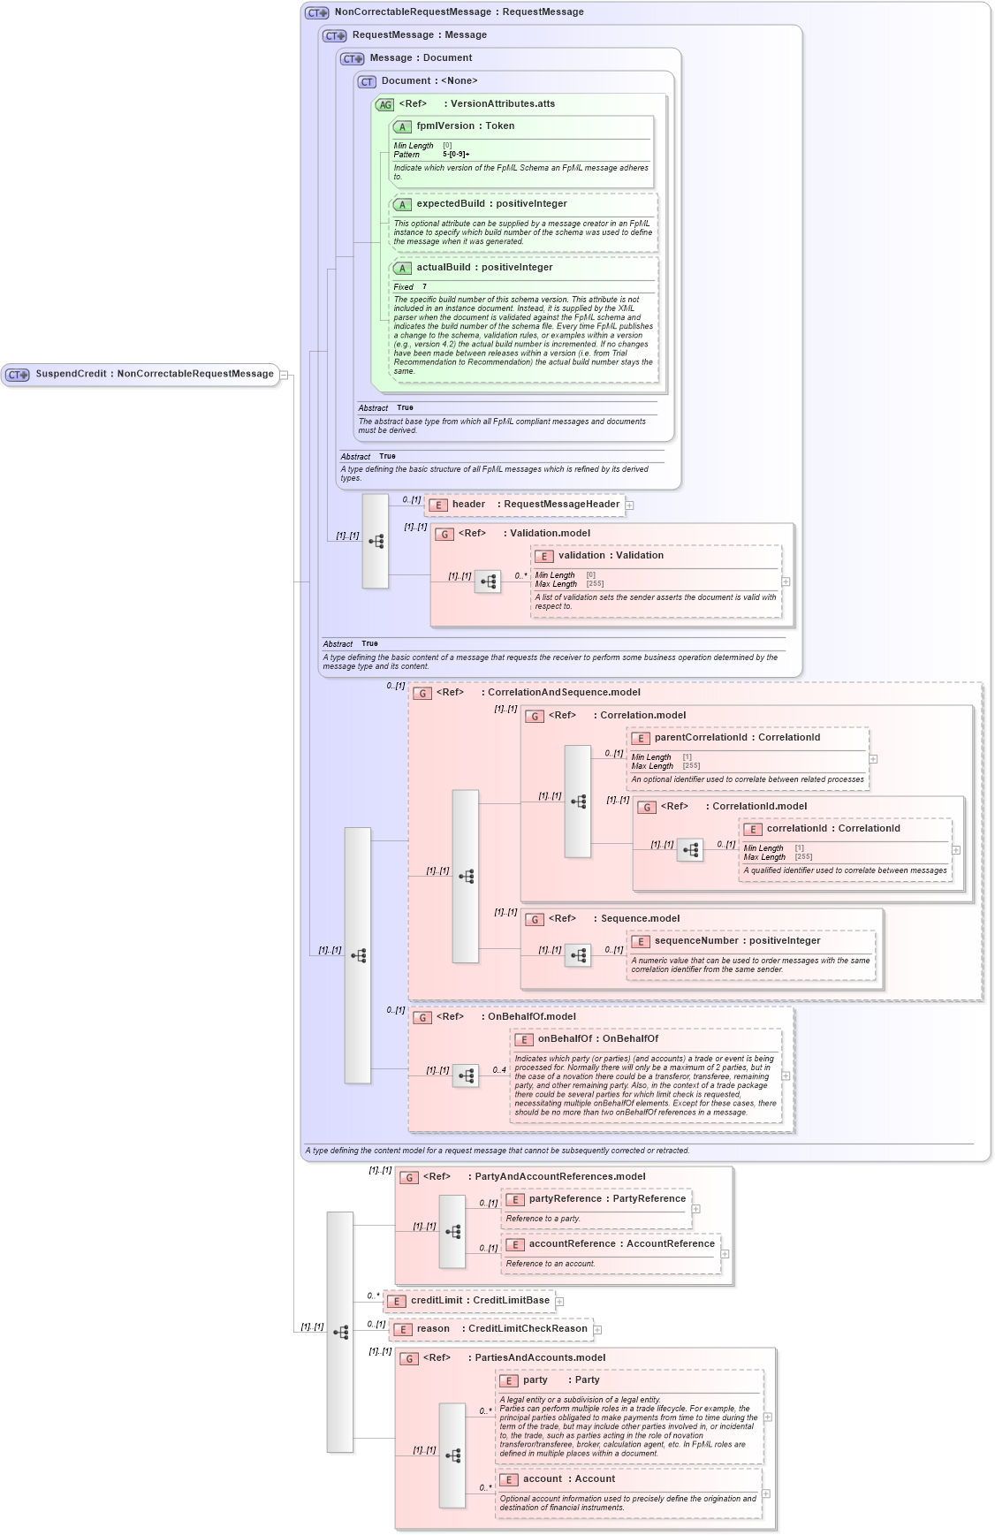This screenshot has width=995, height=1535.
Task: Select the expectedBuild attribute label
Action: [491, 204]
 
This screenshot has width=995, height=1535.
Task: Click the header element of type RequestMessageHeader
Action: [526, 505]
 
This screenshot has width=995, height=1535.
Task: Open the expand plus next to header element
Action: [630, 505]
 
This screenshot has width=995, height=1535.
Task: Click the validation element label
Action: [611, 556]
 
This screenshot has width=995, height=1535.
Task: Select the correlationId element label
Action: [833, 829]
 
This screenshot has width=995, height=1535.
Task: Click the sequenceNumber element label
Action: [737, 941]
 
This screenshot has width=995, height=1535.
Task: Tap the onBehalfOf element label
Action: [597, 1039]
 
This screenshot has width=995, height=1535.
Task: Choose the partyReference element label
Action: [607, 1199]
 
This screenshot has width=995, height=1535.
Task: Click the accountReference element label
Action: [621, 1244]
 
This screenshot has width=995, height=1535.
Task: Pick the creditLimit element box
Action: [469, 1301]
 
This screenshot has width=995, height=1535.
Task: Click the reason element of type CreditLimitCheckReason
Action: [490, 1329]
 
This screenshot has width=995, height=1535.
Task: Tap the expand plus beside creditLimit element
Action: [559, 1302]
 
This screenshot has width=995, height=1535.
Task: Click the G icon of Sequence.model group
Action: [535, 919]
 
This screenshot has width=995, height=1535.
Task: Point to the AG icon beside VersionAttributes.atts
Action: [384, 104]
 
